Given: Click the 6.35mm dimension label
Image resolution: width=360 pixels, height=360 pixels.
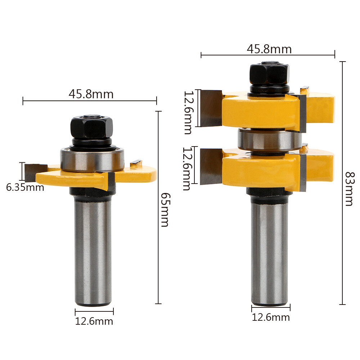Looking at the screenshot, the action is [x=25, y=188].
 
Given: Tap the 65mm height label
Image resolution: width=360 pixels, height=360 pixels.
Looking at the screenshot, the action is [x=165, y=210].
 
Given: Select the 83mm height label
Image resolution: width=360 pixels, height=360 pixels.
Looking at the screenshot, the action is [x=350, y=189].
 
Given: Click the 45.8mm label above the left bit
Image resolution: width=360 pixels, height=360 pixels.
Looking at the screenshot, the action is [x=91, y=94].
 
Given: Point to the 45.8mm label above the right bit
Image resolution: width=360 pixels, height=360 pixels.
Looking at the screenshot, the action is [x=269, y=49].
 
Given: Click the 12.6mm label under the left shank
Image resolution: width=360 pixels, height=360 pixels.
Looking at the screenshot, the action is [x=94, y=321].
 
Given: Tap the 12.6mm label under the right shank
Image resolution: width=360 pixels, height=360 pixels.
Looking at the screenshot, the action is [x=271, y=317].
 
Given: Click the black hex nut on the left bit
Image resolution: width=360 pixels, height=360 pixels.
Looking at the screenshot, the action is [x=91, y=127].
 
